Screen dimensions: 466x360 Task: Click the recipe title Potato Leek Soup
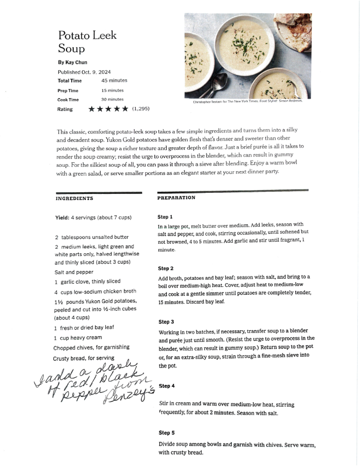(87, 42)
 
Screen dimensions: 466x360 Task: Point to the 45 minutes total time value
(114, 81)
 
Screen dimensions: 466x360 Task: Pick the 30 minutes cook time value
(112, 100)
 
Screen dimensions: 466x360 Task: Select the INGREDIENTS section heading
(74, 198)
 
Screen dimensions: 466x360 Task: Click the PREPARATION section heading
(176, 198)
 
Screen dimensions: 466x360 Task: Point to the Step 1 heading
(165, 217)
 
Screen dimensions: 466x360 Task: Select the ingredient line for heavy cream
(78, 337)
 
